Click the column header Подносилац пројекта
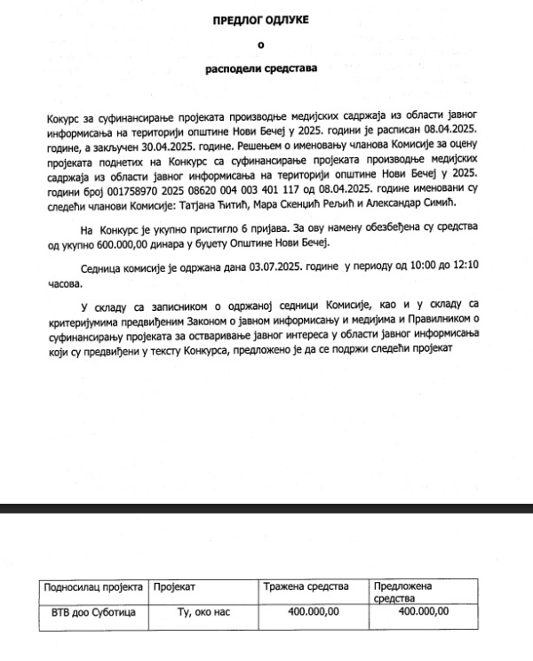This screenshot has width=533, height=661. click(91, 587)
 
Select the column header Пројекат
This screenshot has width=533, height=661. click(174, 587)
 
